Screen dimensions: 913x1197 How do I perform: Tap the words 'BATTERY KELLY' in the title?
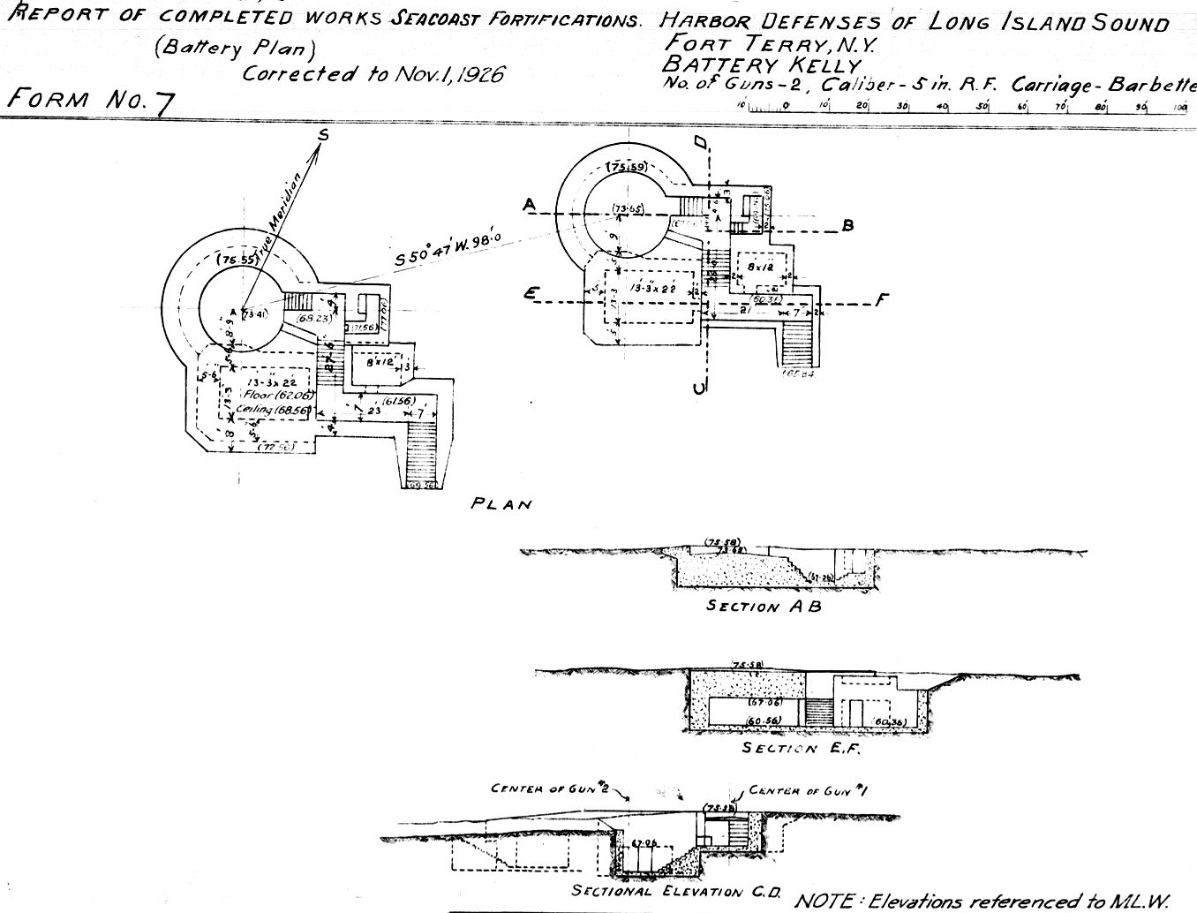(x=760, y=64)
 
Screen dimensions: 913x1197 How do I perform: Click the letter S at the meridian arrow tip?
(x=323, y=134)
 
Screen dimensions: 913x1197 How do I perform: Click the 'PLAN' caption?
(x=501, y=505)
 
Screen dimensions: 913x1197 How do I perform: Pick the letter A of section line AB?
(x=529, y=206)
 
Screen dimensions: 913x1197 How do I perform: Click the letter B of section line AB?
(x=847, y=226)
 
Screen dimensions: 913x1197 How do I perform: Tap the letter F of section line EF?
(x=880, y=301)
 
